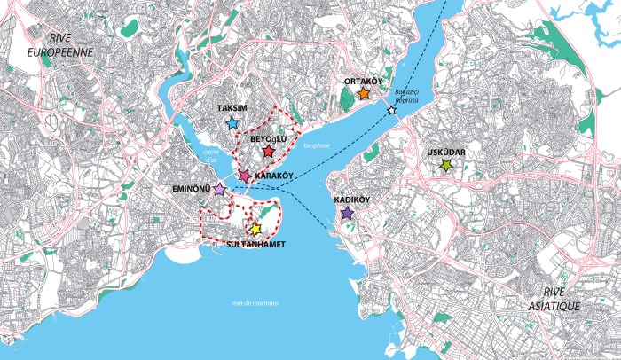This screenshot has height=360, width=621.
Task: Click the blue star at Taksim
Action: (232, 123)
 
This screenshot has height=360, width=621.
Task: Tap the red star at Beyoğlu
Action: (269, 153)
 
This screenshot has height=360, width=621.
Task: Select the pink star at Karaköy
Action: (245, 176)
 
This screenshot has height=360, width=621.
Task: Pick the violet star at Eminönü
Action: (219, 188)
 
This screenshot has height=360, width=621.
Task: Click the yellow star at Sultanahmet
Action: (255, 229)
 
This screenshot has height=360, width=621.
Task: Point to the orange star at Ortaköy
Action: (364, 94)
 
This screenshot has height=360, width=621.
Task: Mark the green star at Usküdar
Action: (446, 165)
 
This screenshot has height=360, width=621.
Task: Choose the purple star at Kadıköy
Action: (347, 214)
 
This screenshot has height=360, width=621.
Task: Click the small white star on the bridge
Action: (391, 111)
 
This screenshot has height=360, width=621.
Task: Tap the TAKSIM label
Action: (232, 108)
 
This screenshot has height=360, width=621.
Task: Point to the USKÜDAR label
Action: (446, 152)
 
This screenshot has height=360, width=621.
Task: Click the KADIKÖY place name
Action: (352, 200)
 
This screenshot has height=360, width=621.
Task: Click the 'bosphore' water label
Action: (316, 145)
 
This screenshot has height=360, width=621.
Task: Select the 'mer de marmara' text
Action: (255, 303)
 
